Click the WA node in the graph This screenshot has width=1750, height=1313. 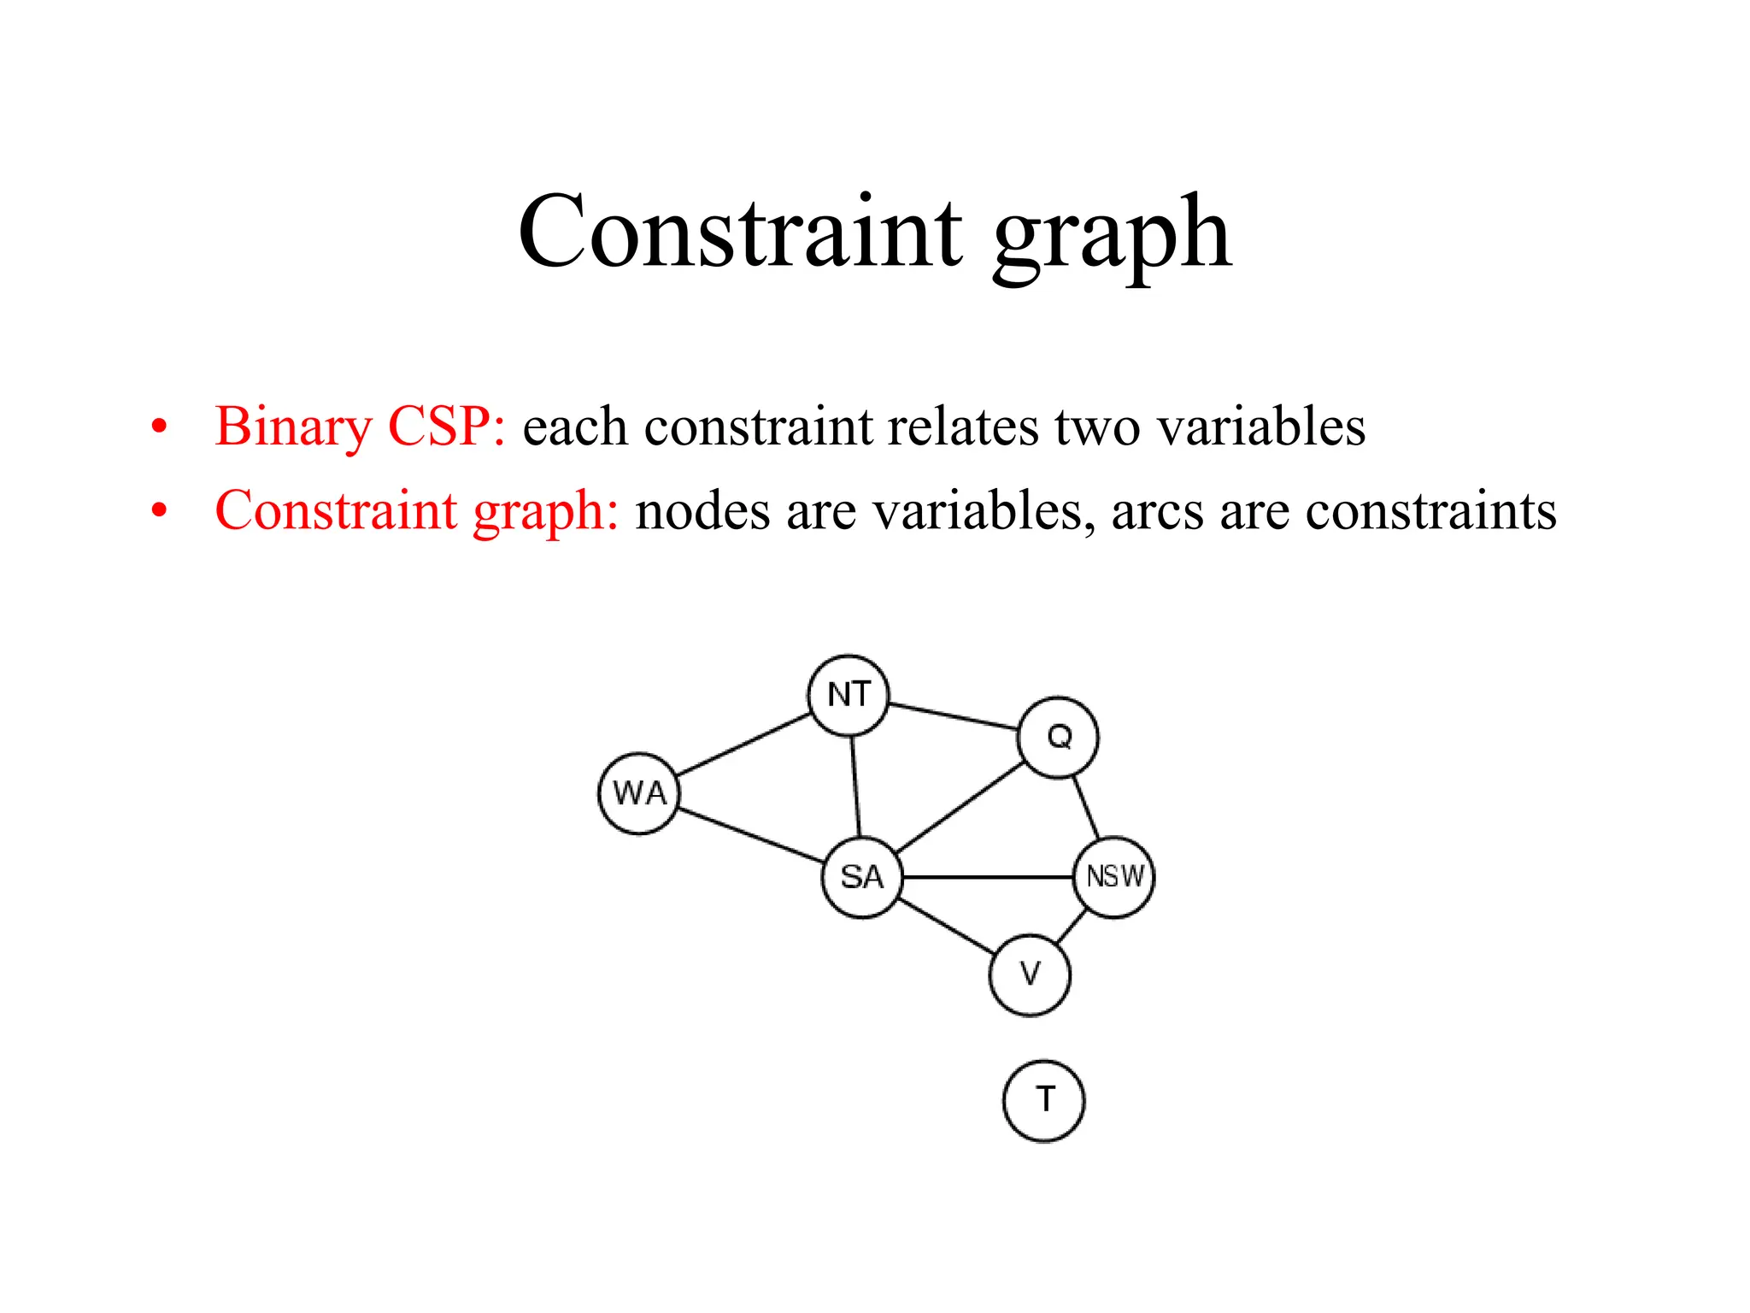coord(639,793)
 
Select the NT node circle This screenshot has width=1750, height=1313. coord(849,695)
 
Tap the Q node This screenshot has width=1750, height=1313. coord(1059,737)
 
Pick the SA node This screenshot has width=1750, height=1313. coord(862,877)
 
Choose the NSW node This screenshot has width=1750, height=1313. coord(1114,877)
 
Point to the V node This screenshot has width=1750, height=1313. coord(1030,974)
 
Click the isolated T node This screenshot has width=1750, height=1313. coord(1043,1101)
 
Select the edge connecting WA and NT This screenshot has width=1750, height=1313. coord(743,745)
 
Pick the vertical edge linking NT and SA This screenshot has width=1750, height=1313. coord(855,786)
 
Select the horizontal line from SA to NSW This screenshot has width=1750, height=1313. coord(988,877)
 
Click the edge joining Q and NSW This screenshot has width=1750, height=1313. coord(1086,807)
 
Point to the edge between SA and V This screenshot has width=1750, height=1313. coord(947,927)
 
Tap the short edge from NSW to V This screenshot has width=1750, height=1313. coord(1072,927)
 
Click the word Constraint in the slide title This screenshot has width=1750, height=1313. coord(740,233)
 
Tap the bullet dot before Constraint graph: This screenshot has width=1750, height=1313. coord(159,511)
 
